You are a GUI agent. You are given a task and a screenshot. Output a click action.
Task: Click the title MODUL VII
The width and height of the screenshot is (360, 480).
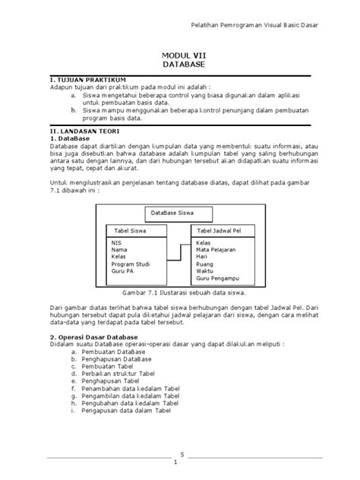pos(180,55)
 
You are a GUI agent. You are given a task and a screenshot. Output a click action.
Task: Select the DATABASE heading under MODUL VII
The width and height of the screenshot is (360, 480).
pos(180,65)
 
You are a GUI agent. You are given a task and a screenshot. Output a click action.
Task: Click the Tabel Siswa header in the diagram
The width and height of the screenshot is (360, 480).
pos(131,230)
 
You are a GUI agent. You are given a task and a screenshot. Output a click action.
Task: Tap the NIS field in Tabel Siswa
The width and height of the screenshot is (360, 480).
pos(116,243)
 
